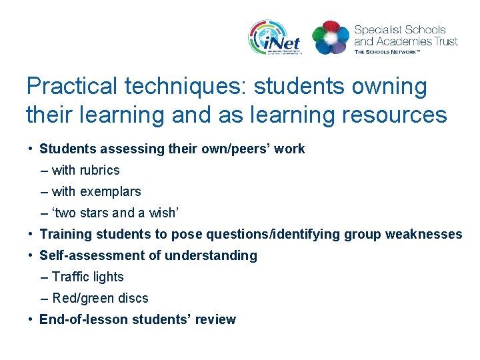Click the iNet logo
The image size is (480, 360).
point(274,37)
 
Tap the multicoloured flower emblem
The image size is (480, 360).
point(330,37)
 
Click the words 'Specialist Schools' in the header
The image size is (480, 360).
point(400,29)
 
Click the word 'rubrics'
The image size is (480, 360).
point(99,170)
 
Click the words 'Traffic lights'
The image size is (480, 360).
point(88,277)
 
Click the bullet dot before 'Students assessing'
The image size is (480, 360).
point(31,149)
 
